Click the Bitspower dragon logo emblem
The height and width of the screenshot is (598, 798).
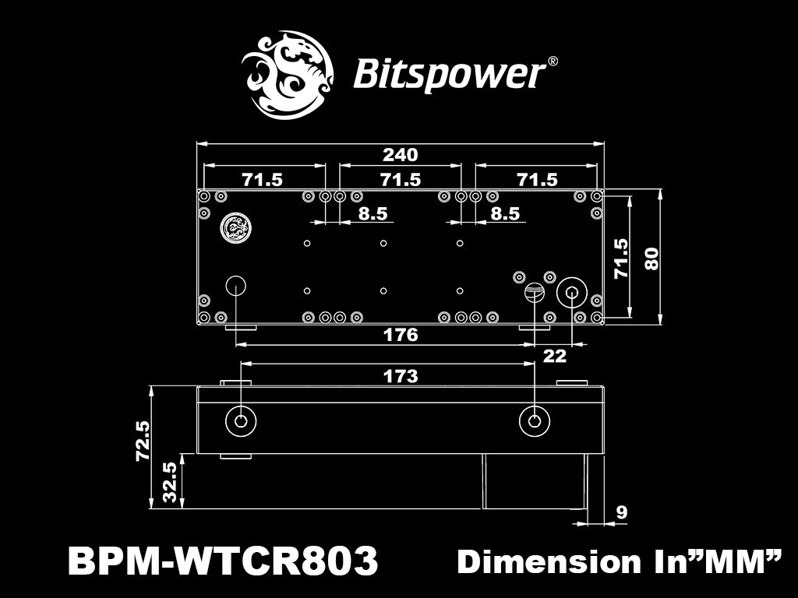[288, 75]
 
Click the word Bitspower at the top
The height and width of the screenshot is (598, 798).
[449, 75]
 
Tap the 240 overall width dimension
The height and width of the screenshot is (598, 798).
[401, 155]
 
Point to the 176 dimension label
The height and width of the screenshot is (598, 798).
[401, 335]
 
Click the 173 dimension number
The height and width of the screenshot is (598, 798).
[401, 376]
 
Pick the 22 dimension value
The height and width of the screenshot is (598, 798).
[554, 356]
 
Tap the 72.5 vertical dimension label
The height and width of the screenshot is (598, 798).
[143, 441]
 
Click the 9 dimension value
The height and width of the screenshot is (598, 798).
[621, 512]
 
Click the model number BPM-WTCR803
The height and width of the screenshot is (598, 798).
[223, 561]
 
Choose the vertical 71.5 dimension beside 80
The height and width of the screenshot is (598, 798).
[620, 258]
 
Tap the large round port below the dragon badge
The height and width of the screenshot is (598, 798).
[235, 285]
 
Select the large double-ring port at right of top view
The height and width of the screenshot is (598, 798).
[573, 293]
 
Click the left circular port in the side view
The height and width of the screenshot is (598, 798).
[241, 421]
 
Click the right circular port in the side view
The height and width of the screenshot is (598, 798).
[534, 421]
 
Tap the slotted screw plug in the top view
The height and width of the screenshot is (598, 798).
[534, 293]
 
